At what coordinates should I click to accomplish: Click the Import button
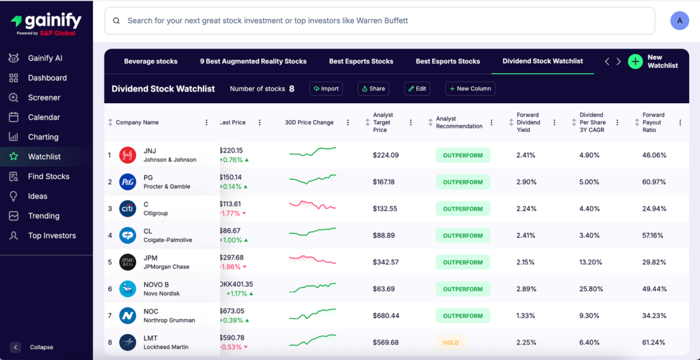tap(326, 88)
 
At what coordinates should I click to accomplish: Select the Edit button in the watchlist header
tap(417, 88)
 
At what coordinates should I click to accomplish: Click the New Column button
tap(470, 88)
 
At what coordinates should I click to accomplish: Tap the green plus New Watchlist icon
tap(635, 61)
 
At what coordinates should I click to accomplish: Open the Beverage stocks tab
tap(150, 61)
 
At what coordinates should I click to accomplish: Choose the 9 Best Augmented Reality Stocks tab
tap(253, 61)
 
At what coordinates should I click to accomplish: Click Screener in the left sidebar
tap(44, 98)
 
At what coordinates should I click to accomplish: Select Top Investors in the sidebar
tap(51, 236)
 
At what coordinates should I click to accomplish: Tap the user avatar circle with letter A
tap(679, 20)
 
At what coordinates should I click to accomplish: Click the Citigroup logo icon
tap(128, 208)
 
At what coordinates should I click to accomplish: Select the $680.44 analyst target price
tap(386, 316)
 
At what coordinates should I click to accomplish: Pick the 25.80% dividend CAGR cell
tap(589, 289)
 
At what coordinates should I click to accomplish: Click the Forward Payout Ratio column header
tap(654, 122)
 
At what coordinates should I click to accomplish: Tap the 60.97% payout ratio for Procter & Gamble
tap(654, 182)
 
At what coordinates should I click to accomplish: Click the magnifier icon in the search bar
tap(117, 21)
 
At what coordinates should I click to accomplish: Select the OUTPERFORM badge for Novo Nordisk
tap(462, 289)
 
